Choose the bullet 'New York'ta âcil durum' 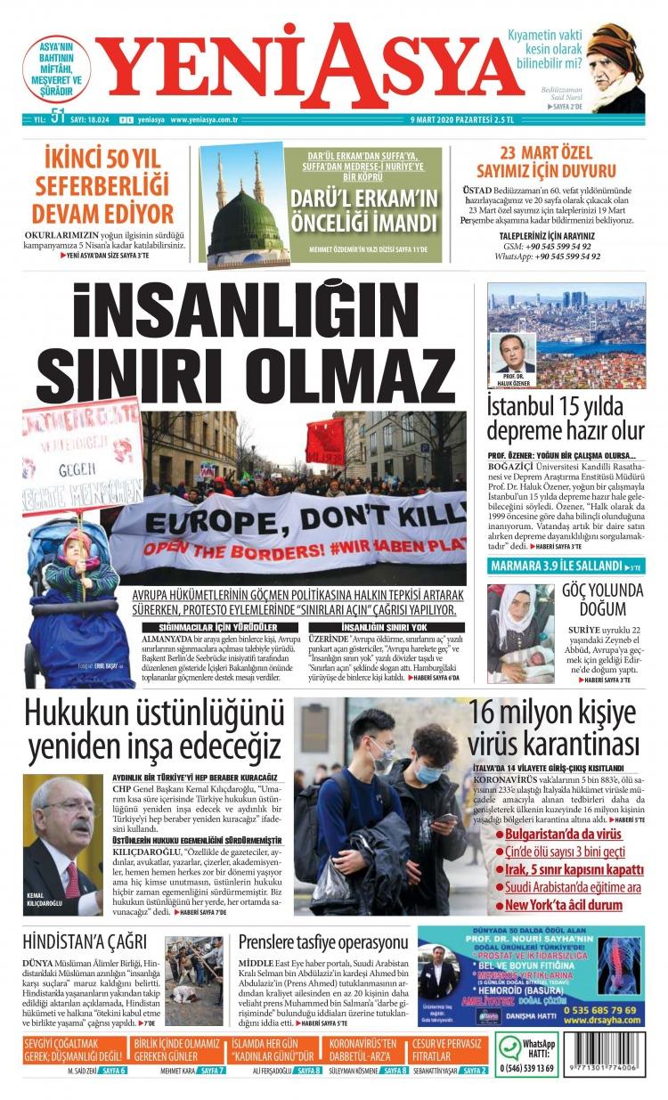coord(563,905)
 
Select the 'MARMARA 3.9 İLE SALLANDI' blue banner coord(556,566)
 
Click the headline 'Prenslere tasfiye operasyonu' coord(322,942)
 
